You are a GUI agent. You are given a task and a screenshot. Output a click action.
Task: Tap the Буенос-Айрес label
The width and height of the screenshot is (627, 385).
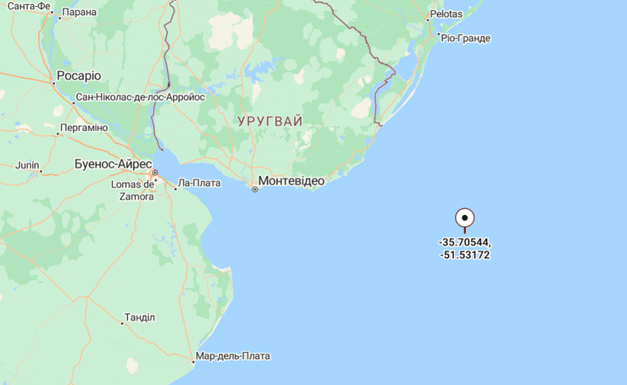113,163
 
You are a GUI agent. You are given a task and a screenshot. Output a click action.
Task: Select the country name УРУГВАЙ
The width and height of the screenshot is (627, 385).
269,121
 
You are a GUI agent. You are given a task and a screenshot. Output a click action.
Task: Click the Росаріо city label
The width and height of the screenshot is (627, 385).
78,75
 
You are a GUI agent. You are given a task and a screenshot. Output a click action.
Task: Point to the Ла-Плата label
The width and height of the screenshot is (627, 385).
200,183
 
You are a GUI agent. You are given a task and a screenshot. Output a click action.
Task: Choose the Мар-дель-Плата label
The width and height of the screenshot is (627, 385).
233,356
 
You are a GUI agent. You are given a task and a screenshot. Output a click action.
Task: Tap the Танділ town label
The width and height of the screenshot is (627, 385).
140,317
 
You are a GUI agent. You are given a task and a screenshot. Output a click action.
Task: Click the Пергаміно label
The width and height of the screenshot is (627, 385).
84,128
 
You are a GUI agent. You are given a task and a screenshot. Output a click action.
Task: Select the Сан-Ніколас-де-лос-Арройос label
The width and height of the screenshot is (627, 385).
141,97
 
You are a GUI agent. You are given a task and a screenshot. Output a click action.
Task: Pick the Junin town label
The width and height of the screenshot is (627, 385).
27,164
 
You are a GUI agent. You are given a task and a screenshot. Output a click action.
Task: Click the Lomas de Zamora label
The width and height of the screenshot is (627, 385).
133,190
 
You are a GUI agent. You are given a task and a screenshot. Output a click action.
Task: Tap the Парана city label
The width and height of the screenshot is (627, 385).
79,12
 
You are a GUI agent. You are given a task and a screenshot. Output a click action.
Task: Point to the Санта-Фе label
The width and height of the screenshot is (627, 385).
29,6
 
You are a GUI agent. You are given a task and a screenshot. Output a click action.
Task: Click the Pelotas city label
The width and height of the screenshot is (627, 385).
446,14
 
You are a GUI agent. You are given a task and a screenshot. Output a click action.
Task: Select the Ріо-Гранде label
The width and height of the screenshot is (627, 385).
465,38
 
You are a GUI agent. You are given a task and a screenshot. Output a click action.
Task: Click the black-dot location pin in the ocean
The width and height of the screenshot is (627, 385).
465,218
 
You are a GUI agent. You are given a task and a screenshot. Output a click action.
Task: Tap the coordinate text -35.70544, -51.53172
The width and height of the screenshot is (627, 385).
464,248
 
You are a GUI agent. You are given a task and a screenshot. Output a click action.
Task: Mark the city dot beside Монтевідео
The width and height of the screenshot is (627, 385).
254,189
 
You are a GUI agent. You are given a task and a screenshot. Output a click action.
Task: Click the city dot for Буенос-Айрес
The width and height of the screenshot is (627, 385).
154,173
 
